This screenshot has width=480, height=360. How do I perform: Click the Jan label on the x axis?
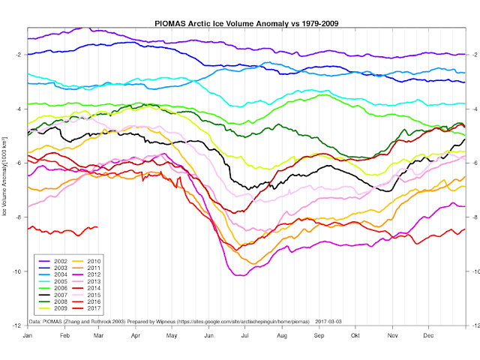point(27,335)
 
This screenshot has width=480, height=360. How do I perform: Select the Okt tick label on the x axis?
point(355,335)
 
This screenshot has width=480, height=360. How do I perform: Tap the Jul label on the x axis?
point(244,335)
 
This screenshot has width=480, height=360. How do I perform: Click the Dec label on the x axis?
point(428,335)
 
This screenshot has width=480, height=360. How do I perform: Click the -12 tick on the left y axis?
point(16,325)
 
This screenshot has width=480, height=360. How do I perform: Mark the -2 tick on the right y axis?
point(472,55)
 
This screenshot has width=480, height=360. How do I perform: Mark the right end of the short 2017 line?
point(97,227)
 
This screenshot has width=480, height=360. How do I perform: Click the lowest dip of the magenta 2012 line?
point(238,276)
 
